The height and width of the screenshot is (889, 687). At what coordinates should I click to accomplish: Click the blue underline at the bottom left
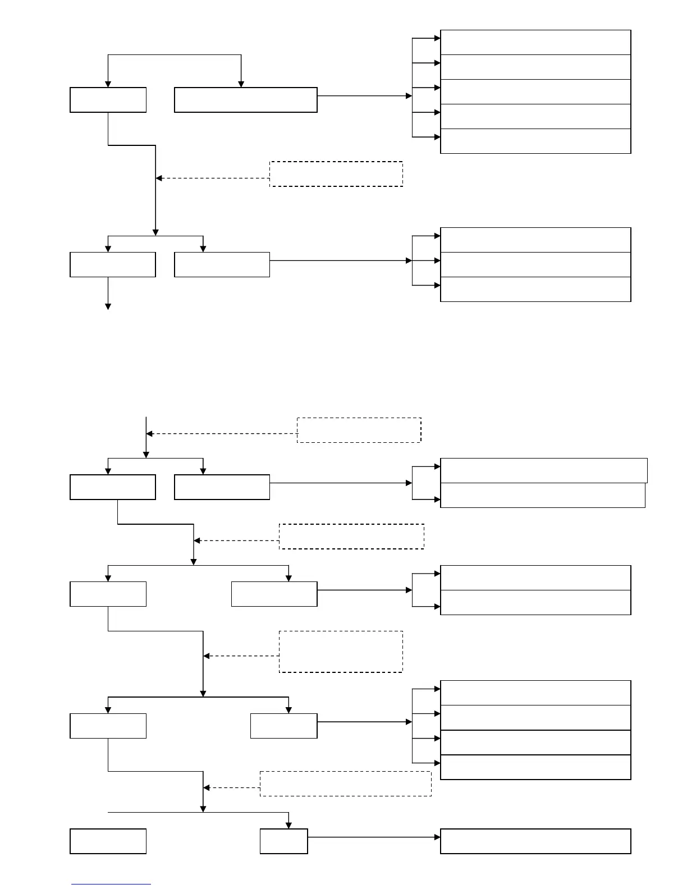111,885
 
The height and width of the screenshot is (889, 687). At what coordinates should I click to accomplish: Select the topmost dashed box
336,174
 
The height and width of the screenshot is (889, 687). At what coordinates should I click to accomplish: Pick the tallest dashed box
341,652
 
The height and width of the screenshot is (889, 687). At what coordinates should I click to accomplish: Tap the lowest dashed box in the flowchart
345,783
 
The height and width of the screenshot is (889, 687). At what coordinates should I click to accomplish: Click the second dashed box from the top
359,430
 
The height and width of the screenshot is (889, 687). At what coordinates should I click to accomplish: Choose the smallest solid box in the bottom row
283,841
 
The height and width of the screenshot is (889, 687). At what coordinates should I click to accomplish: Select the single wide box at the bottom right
535,841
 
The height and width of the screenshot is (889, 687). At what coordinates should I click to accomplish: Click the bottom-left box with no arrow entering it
108,841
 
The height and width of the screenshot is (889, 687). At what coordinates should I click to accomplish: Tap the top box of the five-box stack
535,43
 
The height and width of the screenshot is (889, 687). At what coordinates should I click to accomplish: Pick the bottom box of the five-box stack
535,141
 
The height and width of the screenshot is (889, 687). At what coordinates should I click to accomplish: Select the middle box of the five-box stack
535,91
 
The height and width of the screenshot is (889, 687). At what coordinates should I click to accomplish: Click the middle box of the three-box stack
535,264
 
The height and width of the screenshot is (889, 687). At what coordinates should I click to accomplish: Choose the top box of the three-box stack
535,240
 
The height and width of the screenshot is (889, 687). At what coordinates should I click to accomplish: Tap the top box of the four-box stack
535,693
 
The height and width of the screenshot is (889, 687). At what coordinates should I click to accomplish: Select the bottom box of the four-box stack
535,767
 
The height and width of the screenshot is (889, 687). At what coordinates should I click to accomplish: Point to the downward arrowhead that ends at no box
108,306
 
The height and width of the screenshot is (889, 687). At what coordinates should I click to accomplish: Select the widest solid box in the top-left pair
246,100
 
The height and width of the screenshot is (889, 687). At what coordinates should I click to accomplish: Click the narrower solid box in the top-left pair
108,100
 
